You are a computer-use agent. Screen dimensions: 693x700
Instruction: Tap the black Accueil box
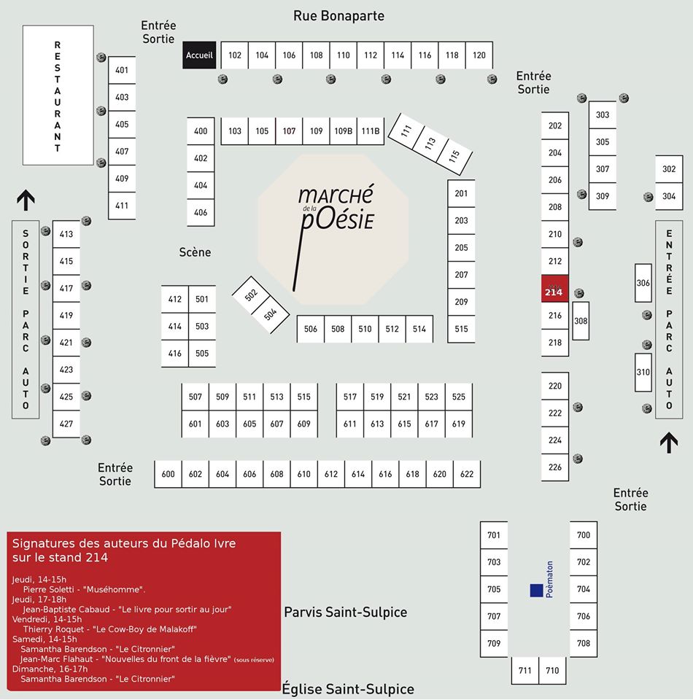[199, 55]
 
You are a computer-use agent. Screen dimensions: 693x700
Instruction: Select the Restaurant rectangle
[58, 95]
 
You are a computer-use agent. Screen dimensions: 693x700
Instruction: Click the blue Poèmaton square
[536, 591]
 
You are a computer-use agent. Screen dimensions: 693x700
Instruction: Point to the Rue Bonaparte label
[338, 15]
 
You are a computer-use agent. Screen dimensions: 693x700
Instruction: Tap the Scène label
[195, 252]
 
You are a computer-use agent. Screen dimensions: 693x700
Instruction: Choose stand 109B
[343, 131]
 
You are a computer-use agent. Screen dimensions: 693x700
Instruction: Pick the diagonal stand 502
[251, 295]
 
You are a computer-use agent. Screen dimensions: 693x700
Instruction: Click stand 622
[467, 474]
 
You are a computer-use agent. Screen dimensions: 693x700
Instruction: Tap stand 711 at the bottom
[525, 670]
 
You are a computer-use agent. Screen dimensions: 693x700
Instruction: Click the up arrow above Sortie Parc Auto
[26, 199]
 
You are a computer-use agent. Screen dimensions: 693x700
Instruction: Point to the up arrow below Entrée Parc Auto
[667, 442]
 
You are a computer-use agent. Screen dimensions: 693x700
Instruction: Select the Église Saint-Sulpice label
[348, 689]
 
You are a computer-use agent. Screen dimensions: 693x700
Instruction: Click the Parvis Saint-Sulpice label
[345, 612]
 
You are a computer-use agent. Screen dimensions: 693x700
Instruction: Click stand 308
[581, 322]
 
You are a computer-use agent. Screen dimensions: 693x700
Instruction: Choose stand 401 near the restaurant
[122, 70]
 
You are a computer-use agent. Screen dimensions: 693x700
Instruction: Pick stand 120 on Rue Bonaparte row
[479, 55]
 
